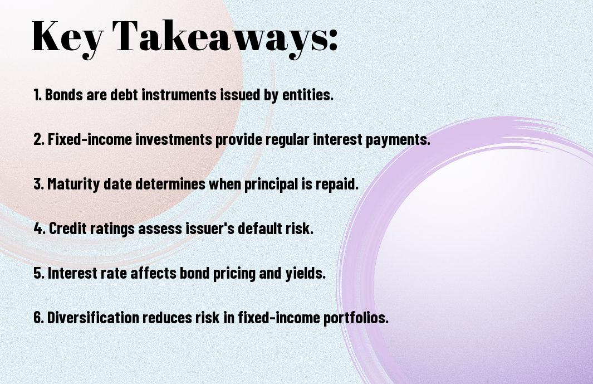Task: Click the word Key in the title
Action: pyautogui.click(x=67, y=37)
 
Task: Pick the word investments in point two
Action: pyautogui.click(x=174, y=139)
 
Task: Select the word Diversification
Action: pyautogui.click(x=93, y=317)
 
